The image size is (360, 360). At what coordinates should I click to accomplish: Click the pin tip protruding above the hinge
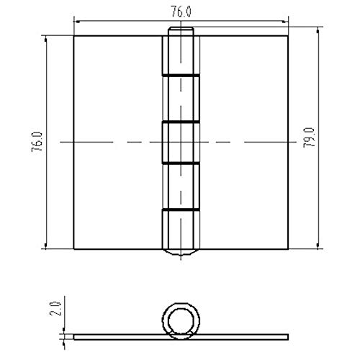181,32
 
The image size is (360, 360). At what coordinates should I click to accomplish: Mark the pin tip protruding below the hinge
181,253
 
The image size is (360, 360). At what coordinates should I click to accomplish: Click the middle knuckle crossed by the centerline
181,143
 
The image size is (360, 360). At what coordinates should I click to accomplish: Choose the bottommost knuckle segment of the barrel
181,229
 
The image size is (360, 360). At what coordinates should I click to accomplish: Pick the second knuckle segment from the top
181,99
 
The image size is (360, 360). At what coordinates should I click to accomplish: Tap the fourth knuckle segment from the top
181,187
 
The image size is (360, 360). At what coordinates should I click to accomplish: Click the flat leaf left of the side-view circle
115,336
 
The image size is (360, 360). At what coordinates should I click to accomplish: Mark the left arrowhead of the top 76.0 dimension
76,22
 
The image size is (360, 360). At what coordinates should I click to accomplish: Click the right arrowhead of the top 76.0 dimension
287,22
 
